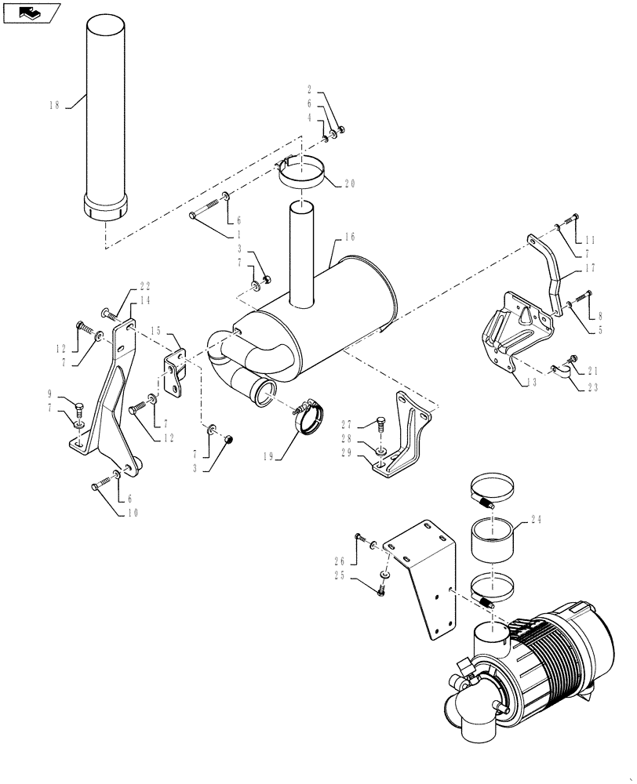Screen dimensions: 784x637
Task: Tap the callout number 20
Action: (349, 183)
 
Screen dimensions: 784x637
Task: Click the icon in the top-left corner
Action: (31, 13)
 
